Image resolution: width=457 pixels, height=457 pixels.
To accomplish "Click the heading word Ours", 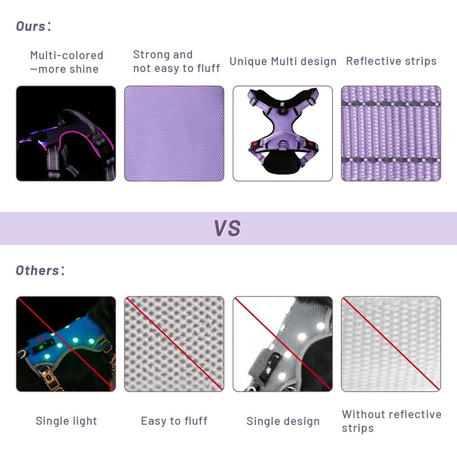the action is click(31, 26).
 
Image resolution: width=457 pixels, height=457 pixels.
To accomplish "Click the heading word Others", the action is click(37, 270).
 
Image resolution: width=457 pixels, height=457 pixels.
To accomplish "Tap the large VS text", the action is click(228, 228).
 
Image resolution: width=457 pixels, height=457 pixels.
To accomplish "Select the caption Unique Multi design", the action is click(283, 62).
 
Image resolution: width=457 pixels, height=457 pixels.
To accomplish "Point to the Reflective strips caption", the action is click(391, 61).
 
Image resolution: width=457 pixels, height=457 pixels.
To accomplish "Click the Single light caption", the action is click(66, 421).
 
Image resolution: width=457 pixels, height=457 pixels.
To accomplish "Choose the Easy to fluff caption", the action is click(174, 421).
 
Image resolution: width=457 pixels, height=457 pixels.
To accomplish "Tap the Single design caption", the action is click(283, 421).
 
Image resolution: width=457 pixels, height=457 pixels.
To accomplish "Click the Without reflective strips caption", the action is click(391, 421).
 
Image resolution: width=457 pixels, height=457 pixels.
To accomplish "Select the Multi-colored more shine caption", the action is click(67, 62).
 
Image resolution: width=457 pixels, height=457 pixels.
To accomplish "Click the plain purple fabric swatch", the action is click(174, 133).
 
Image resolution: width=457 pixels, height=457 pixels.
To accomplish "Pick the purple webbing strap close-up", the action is click(391, 133).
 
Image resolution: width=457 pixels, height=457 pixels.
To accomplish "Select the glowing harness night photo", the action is click(66, 133).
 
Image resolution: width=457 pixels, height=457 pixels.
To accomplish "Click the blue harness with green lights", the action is click(66, 344).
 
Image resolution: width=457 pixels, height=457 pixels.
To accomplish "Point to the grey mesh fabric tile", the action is click(174, 344).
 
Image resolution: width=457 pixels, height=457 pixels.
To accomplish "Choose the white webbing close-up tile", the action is click(391, 344).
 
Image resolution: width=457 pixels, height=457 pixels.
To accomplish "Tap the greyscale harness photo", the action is click(283, 344).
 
